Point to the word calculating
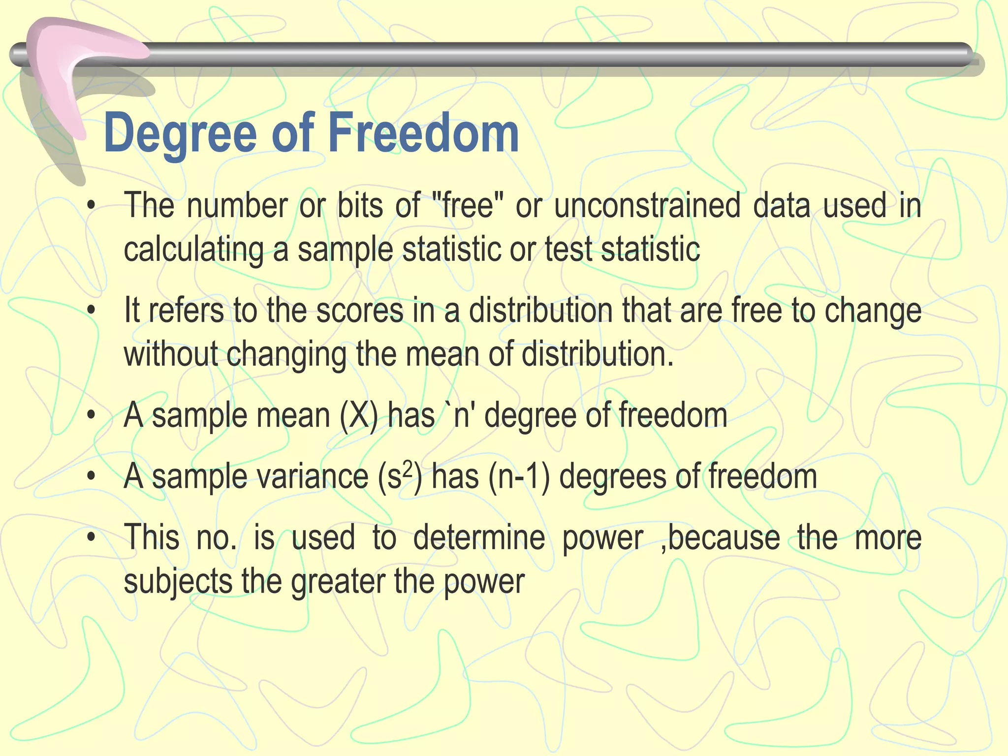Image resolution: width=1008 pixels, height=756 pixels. [193, 250]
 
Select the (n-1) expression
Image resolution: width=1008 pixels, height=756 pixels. [519, 477]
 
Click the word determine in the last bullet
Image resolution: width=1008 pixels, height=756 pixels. [479, 537]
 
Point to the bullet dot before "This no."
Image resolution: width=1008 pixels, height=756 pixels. [91, 538]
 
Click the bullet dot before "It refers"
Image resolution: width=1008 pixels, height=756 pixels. [91, 311]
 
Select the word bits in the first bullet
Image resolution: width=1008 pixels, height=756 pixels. [360, 205]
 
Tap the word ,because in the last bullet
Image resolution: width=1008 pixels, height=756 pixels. [720, 537]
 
